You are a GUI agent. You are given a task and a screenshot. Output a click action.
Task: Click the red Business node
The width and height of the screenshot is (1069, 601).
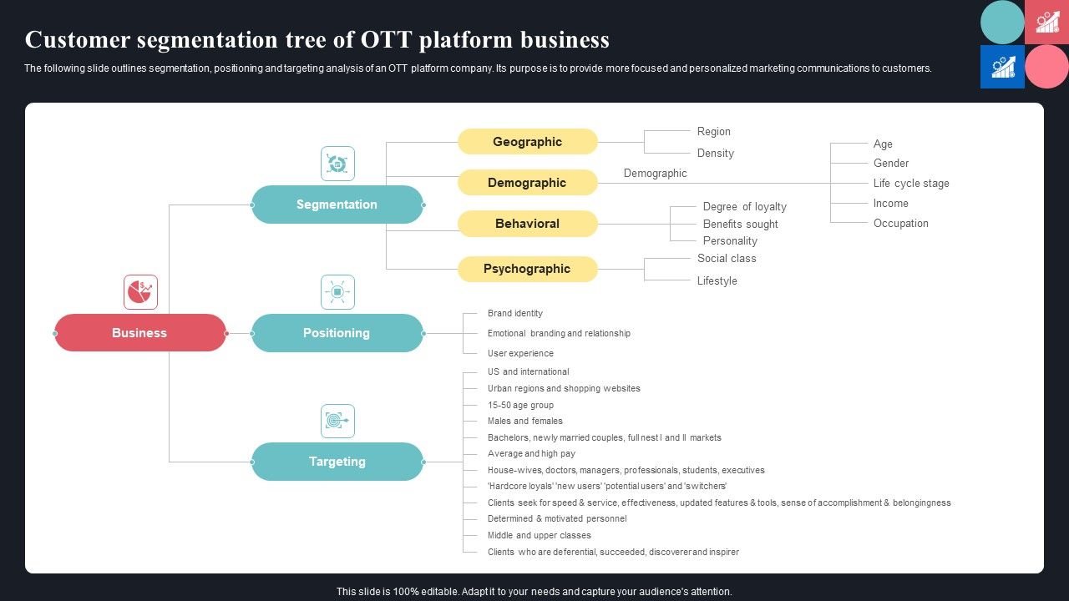point(140,333)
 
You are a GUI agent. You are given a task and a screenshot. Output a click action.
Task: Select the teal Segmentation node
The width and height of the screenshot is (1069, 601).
point(337,205)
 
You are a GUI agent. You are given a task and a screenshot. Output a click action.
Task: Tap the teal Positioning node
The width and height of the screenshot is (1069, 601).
point(337,333)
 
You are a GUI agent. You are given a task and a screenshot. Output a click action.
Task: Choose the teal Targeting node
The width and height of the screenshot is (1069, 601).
point(337,462)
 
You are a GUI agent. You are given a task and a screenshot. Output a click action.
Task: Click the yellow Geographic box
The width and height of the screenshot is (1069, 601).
point(527,142)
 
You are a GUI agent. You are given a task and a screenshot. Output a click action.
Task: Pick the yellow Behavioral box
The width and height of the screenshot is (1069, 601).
point(527,224)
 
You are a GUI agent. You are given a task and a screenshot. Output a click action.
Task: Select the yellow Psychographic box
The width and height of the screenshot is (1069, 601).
point(527,269)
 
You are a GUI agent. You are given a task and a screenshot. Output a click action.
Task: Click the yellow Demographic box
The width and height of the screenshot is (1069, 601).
point(527,183)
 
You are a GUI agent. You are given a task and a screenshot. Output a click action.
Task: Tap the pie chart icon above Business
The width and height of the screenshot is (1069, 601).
point(140,292)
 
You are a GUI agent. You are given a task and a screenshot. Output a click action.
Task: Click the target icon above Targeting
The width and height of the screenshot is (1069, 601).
point(337,421)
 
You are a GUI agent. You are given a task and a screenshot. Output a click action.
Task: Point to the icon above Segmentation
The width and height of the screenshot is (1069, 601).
point(337,164)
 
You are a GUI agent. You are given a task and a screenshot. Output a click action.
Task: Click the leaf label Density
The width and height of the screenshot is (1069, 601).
point(716,154)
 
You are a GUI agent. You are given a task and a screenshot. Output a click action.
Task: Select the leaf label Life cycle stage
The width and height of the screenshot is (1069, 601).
point(911,184)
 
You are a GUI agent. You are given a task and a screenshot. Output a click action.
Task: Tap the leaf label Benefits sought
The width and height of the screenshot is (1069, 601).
point(740,225)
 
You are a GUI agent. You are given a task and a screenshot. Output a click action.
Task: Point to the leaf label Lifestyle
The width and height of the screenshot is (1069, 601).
point(717,281)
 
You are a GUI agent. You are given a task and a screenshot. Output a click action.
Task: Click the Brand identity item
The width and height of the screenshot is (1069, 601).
point(515,314)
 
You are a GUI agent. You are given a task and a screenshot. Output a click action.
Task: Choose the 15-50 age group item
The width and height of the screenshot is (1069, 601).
point(520,406)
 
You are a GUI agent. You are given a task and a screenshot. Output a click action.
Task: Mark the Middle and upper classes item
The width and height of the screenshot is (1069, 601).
point(540,536)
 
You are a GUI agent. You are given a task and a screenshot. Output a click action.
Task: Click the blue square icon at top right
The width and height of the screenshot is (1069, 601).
point(1002,67)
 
